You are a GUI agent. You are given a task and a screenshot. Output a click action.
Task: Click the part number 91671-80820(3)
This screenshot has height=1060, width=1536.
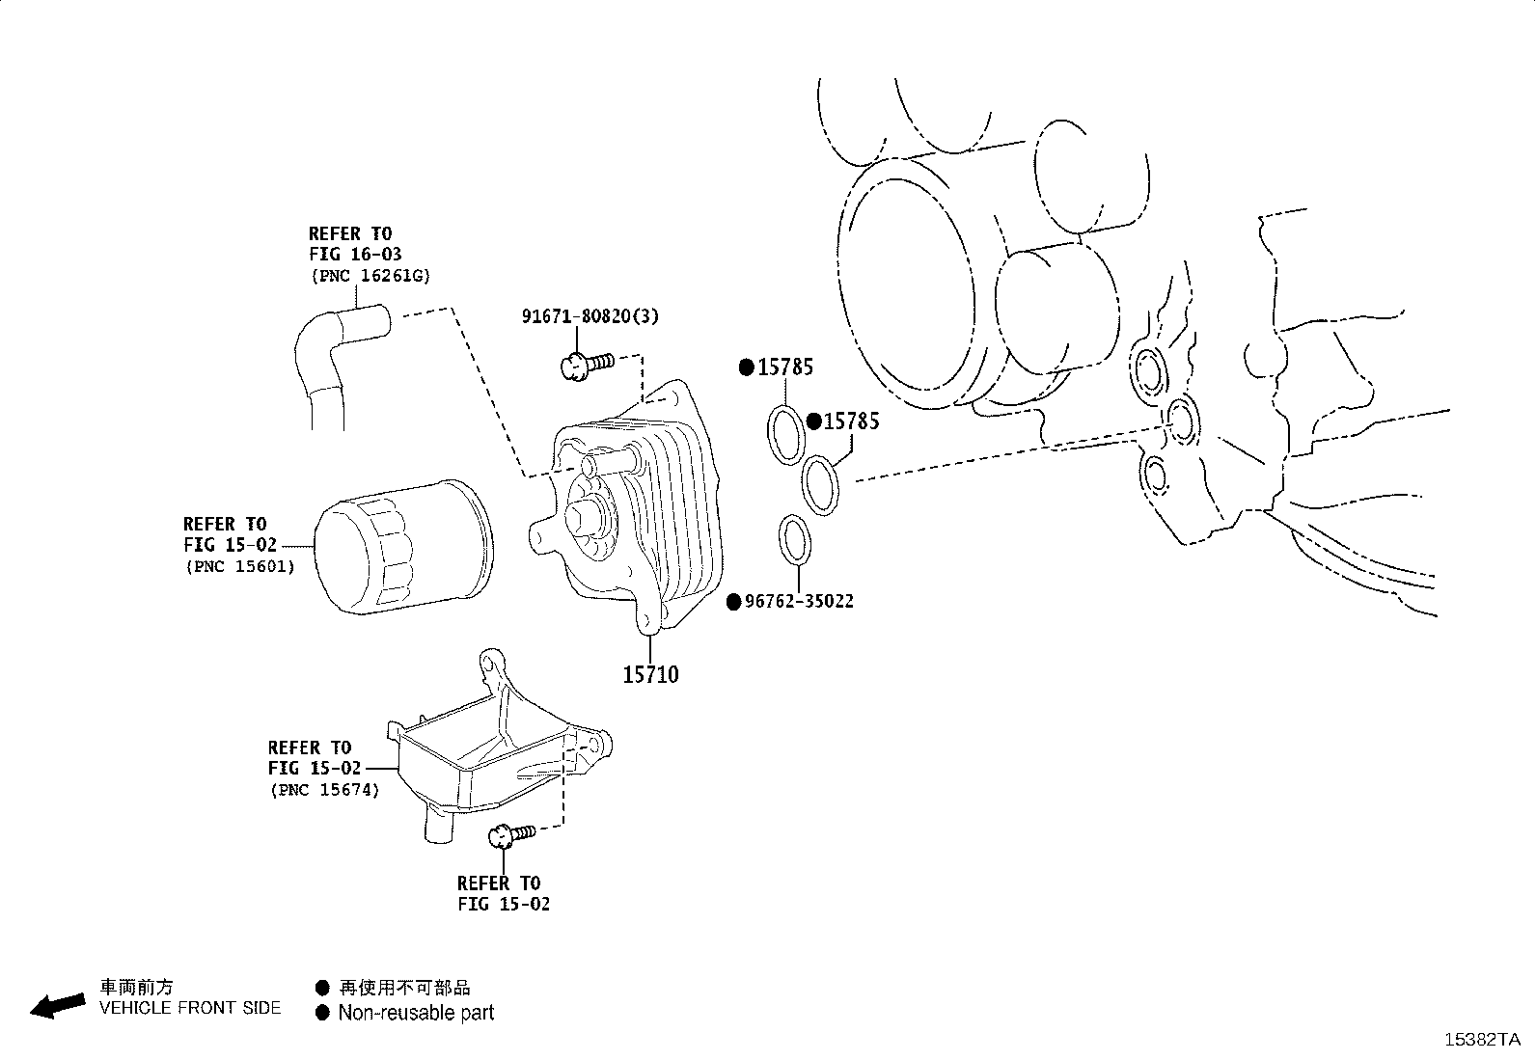click(590, 315)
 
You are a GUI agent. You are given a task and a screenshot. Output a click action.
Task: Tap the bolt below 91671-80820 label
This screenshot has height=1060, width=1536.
click(584, 366)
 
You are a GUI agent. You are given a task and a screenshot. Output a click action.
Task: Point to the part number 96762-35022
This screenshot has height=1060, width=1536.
click(799, 602)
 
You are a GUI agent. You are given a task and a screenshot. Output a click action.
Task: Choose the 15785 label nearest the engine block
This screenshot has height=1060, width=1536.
click(851, 421)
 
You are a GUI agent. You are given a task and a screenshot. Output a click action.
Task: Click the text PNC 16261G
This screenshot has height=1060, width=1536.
click(370, 276)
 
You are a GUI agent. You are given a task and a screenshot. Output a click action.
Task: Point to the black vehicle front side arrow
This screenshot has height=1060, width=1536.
click(57, 1005)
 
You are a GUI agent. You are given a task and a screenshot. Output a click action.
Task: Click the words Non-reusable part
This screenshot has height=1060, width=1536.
click(416, 1013)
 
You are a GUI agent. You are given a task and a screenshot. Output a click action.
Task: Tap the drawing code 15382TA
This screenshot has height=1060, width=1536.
click(1481, 1039)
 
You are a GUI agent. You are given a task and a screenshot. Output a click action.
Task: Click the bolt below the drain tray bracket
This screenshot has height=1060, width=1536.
click(509, 834)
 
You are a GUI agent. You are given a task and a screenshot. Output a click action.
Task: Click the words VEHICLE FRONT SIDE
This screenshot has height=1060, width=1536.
click(190, 1008)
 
